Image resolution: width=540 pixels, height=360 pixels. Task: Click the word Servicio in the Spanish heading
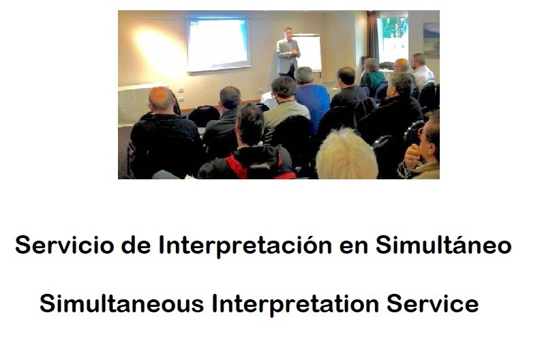point(64,245)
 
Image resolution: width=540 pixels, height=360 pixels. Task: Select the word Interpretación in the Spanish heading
point(245,246)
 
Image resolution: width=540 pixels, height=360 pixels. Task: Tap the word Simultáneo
point(444,245)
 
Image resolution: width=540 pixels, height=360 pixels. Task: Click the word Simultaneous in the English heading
point(122,304)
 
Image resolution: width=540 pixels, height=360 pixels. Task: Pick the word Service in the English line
point(432,304)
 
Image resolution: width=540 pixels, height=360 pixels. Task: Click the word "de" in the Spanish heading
point(136,245)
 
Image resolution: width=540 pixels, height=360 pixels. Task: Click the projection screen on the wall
point(217,44)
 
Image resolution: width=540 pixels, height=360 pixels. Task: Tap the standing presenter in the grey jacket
point(288,52)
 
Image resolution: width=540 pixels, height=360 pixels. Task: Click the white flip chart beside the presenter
point(307,52)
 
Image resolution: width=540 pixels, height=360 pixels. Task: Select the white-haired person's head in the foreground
point(346,155)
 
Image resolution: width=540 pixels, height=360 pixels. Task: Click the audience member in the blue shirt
point(312,97)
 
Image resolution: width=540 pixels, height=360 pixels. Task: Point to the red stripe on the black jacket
point(237,167)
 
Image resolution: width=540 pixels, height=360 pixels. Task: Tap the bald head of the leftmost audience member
point(160,99)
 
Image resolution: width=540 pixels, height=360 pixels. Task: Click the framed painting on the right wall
point(431,40)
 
